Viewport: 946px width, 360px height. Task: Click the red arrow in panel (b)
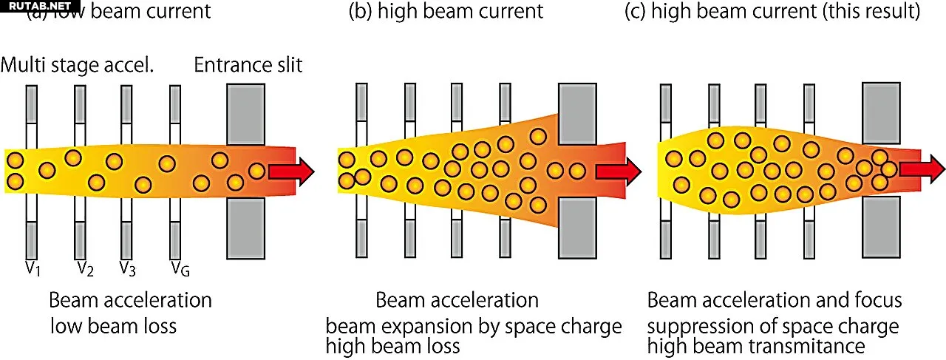pos(618,171)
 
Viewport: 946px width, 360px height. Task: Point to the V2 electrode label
pos(85,268)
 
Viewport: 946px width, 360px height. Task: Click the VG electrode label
pos(180,267)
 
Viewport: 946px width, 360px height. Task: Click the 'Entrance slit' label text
pos(248,65)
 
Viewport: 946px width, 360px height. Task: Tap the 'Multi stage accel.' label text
pos(77,65)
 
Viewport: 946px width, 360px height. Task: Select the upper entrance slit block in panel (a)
pos(245,114)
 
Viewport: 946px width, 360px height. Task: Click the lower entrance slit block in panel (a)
pos(245,228)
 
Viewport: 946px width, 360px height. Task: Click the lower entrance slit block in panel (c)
pos(881,226)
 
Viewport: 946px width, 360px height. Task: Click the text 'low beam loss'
pos(114,325)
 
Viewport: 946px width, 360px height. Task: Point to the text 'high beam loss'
pos(393,345)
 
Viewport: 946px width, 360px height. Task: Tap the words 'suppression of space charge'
pos(773,326)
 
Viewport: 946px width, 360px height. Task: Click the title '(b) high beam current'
pos(446,12)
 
